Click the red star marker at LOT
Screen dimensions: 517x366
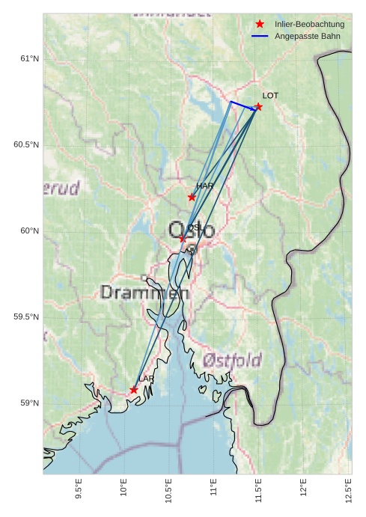click(258, 106)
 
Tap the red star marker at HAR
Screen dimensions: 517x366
click(192, 197)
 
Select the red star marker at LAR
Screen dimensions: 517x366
click(134, 390)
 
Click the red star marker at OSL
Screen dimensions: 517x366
click(182, 239)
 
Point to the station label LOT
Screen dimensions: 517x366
click(270, 96)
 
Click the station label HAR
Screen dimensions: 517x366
click(205, 186)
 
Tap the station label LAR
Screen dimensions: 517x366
click(146, 379)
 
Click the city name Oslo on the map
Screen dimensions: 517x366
click(192, 230)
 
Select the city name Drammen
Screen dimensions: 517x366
click(144, 293)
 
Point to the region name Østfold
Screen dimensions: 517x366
click(231, 361)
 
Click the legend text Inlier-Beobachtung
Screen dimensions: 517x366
click(309, 24)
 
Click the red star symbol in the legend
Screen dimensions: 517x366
click(260, 24)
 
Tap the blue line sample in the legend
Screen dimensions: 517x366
click(260, 36)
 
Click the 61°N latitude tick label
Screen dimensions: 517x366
click(29, 58)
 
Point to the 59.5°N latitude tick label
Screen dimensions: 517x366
click(26, 317)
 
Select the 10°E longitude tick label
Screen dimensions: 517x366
click(123, 489)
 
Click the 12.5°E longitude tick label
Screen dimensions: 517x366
click(348, 488)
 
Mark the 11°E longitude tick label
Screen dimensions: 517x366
click(213, 489)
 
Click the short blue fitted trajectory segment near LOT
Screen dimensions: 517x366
click(243, 105)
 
